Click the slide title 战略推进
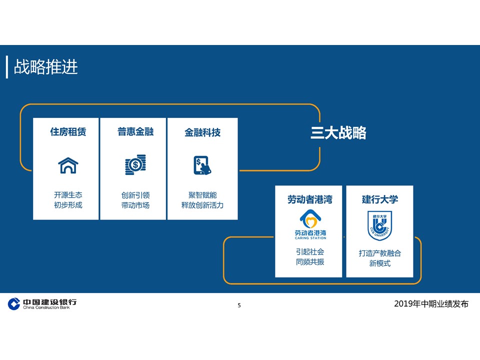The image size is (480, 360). (46, 67)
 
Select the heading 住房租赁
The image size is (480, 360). (68, 132)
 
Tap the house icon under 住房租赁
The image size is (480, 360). (68, 165)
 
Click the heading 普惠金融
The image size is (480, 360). (135, 132)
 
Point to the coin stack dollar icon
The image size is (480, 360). (135, 165)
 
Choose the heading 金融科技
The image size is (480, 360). (202, 132)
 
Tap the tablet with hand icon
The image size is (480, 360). (202, 165)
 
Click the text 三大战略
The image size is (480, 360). (338, 133)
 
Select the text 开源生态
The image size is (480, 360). (68, 195)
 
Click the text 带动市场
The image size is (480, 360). (135, 205)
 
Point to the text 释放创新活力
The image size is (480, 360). (202, 205)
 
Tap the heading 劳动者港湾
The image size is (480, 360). (310, 199)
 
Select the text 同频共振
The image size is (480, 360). (310, 262)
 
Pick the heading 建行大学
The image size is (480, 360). (380, 199)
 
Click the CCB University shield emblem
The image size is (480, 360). (380, 225)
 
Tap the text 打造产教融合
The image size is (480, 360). (380, 253)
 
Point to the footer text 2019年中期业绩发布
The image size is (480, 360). (431, 304)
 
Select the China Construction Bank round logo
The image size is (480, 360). (14, 303)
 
